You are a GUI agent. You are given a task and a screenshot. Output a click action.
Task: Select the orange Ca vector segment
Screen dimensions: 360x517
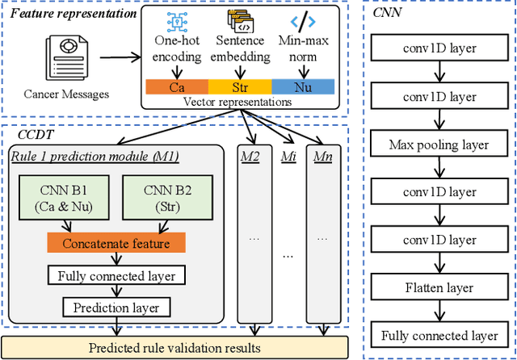[174, 86]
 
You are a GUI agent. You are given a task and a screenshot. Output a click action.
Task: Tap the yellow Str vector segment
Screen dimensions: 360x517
[239, 86]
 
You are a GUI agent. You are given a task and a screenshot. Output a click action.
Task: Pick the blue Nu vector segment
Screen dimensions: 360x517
[303, 86]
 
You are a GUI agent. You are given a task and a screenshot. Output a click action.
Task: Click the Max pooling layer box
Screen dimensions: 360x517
[440, 145]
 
